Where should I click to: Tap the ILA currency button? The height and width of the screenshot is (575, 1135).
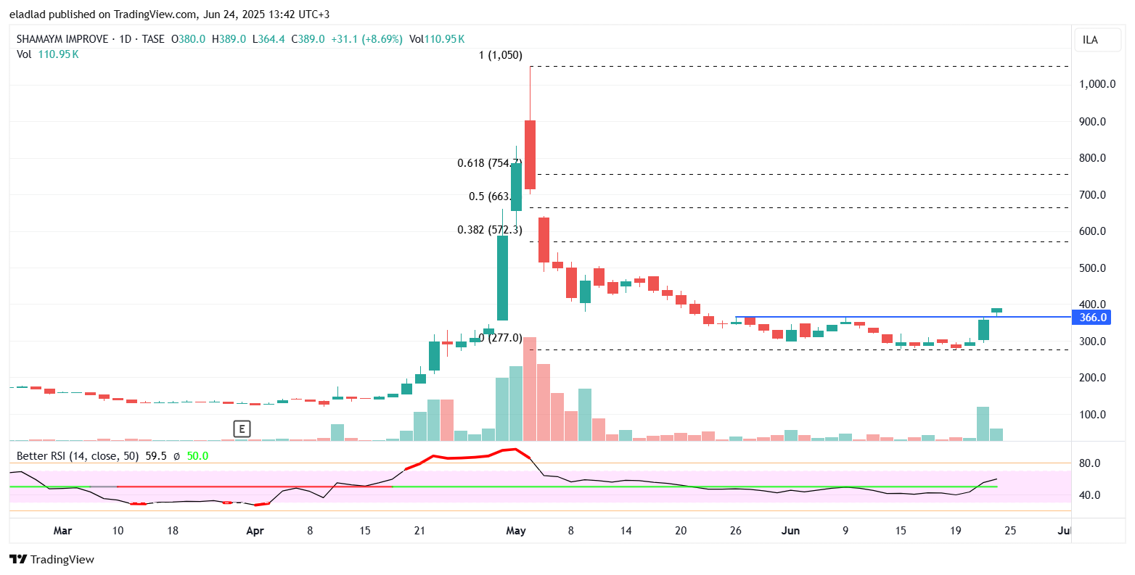(x=1090, y=40)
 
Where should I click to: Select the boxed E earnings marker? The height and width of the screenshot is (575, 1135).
(x=242, y=429)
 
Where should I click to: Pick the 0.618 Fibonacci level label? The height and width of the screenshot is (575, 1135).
(x=489, y=163)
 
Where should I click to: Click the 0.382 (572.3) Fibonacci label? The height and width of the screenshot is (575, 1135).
(x=489, y=230)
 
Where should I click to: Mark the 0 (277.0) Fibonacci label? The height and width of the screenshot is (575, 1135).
(x=500, y=337)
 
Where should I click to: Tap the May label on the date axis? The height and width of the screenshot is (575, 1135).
(x=515, y=531)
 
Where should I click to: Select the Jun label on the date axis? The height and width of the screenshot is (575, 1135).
(x=790, y=531)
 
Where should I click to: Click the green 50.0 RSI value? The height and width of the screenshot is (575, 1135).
(x=197, y=456)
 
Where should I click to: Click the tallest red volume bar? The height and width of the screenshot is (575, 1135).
(x=530, y=389)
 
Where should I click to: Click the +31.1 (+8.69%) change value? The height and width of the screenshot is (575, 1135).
(x=366, y=39)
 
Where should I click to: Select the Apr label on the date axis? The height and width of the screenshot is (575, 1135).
(x=255, y=531)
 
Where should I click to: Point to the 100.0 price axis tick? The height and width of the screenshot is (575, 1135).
(x=1092, y=415)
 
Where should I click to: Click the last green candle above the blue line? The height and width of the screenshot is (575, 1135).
(x=997, y=310)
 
